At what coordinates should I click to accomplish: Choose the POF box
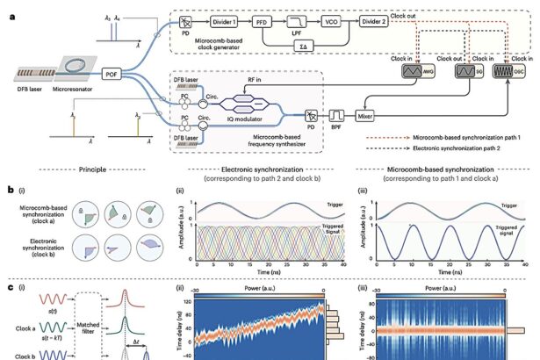(x=118, y=75)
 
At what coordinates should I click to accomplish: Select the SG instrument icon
(x=464, y=70)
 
